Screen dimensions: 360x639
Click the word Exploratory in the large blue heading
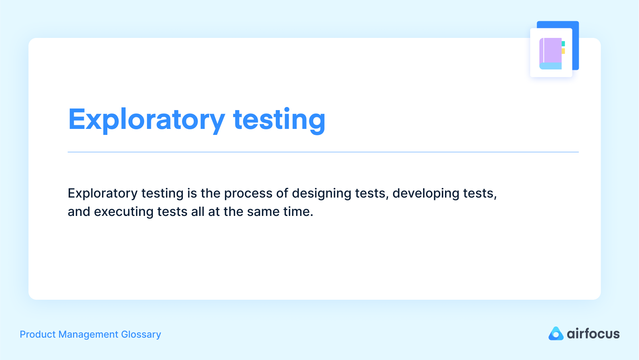(x=146, y=119)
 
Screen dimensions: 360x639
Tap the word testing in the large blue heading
(x=279, y=119)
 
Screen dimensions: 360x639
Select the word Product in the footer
(x=38, y=334)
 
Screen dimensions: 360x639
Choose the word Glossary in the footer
(x=141, y=334)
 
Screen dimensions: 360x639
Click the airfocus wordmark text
(x=593, y=334)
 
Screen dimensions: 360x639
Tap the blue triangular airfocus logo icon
(x=556, y=334)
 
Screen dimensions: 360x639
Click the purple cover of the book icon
(x=552, y=50)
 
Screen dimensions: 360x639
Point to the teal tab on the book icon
(x=563, y=44)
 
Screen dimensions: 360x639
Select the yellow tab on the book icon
(x=563, y=51)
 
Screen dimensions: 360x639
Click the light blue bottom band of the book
(x=550, y=66)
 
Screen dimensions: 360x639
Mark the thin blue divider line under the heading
(x=323, y=152)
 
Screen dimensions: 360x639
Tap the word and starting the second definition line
(x=79, y=212)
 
